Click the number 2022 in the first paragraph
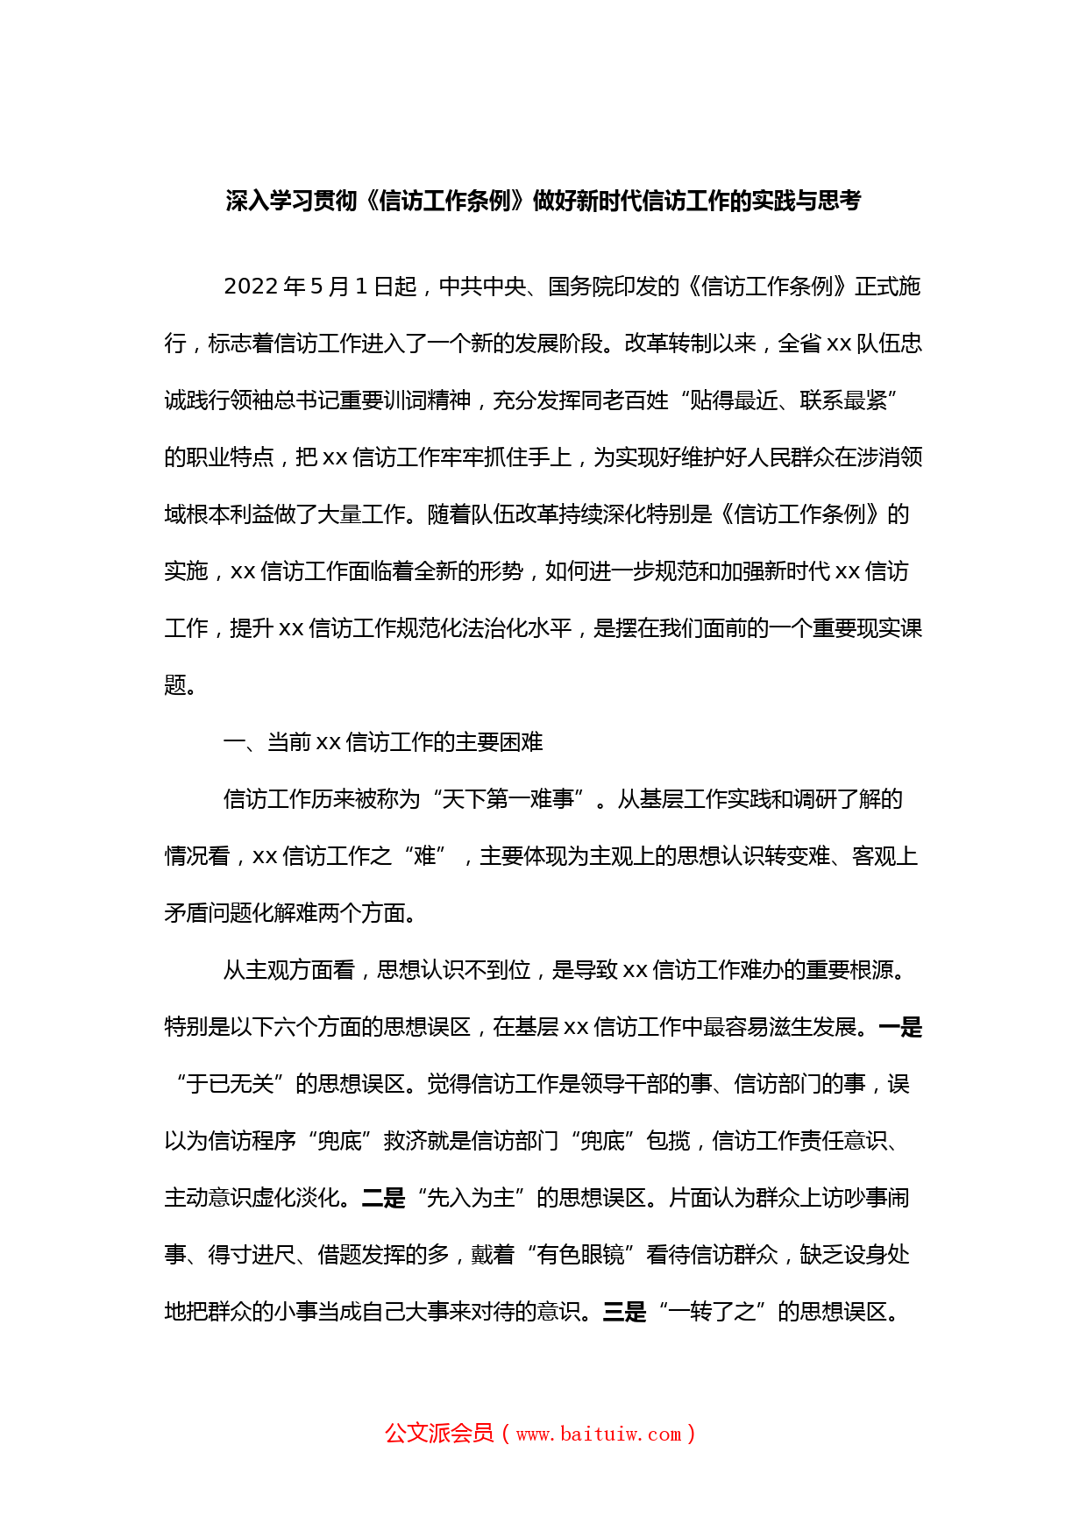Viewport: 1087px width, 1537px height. click(x=252, y=287)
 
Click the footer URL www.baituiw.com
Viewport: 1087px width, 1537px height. click(x=599, y=1434)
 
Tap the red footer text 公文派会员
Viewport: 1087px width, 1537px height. click(x=439, y=1433)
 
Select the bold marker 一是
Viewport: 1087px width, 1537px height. click(x=900, y=1027)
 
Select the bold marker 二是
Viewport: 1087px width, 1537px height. click(x=384, y=1198)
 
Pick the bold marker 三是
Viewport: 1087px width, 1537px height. click(x=625, y=1312)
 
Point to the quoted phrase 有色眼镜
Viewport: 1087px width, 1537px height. click(x=580, y=1255)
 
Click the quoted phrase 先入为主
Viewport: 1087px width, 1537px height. click(x=471, y=1198)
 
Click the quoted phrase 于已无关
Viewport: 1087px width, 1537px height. click(x=230, y=1084)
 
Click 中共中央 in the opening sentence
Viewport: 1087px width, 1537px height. click(x=482, y=287)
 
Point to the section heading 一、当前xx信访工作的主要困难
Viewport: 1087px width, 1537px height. click(x=383, y=742)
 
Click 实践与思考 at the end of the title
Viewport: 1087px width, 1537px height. click(x=806, y=202)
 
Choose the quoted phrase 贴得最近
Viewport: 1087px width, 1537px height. click(x=734, y=400)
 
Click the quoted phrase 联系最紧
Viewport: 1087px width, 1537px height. click(x=843, y=400)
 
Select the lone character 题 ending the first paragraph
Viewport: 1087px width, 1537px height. click(x=175, y=685)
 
